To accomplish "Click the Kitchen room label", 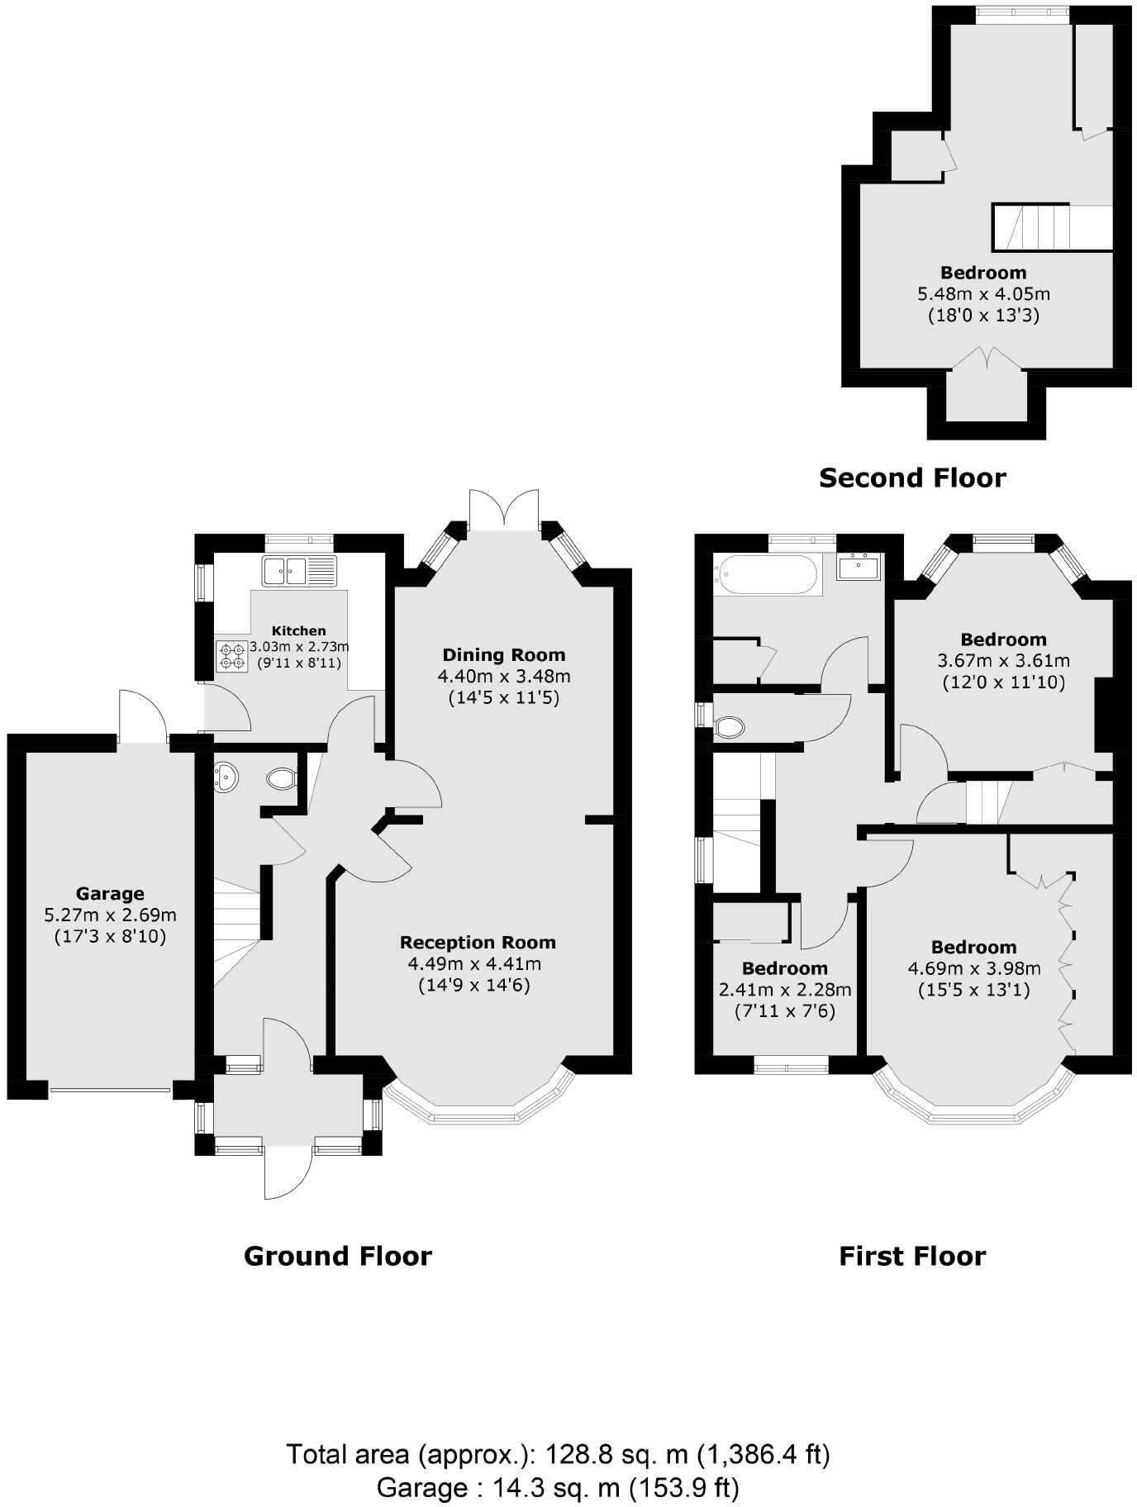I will tap(298, 631).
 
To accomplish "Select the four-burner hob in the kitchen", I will tap(231, 656).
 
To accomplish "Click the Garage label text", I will tap(110, 893).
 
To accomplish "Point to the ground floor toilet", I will tap(282, 777).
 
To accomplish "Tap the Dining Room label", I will tap(503, 655).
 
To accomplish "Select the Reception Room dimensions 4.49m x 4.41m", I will tap(474, 963).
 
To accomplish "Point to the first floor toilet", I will tap(730, 727).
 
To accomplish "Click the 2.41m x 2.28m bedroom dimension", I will tap(784, 989).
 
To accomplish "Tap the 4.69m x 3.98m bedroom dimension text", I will tap(973, 968).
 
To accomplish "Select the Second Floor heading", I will tap(912, 478).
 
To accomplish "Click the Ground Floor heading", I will tap(337, 1256).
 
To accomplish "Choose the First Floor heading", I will tap(912, 1256).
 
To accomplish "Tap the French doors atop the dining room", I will tap(504, 511).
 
